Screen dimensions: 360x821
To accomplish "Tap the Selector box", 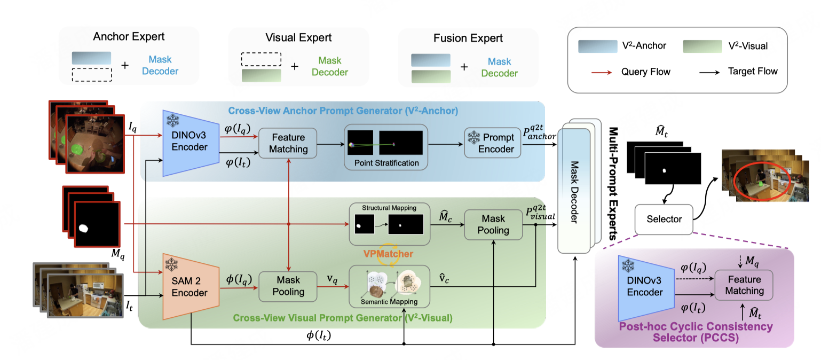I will pyautogui.click(x=664, y=219).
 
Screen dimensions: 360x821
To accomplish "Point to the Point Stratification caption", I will pyautogui.click(x=386, y=162).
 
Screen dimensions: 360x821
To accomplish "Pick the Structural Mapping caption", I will pyautogui.click(x=389, y=207).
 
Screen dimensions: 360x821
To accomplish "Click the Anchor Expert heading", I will pyautogui.click(x=129, y=37).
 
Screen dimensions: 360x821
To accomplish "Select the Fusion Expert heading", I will pyautogui.click(x=468, y=38).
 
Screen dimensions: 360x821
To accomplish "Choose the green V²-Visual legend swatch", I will pyautogui.click(x=701, y=46).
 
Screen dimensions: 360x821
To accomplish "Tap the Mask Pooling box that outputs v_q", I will pyautogui.click(x=288, y=285).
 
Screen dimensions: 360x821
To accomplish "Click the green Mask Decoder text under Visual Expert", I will pyautogui.click(x=329, y=66).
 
